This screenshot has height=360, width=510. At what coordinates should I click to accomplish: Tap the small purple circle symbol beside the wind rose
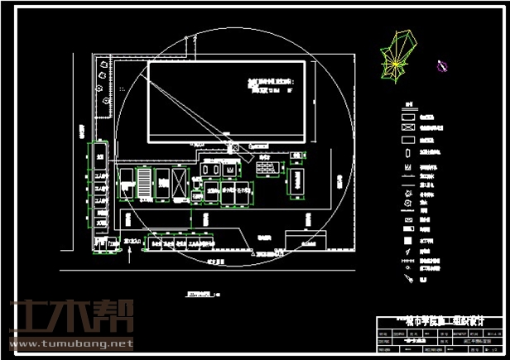(x=442, y=67)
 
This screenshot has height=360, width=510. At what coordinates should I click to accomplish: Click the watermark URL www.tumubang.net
(x=71, y=342)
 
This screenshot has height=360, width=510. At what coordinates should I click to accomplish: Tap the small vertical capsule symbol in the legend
(x=408, y=154)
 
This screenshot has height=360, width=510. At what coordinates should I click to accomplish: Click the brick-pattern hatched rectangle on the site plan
(x=267, y=168)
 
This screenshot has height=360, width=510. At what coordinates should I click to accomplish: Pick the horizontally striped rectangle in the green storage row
(x=145, y=182)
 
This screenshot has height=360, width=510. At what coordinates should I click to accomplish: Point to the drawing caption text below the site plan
(x=200, y=294)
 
